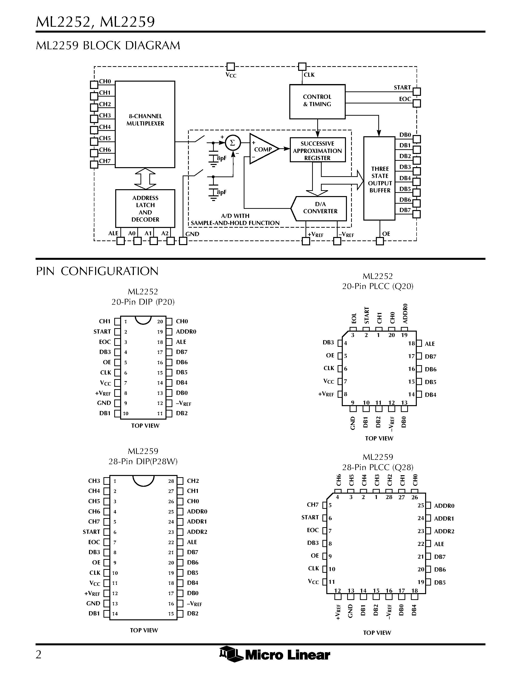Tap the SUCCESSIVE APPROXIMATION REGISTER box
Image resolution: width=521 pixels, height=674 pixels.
tap(317, 150)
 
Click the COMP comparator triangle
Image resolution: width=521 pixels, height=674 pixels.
tap(262, 149)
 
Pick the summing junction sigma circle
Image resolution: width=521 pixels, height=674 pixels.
tap(233, 143)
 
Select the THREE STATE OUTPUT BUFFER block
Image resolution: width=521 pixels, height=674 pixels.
tap(379, 179)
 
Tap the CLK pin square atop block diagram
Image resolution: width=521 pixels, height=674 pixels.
tap(302, 66)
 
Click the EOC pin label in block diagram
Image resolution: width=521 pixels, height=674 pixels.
tap(405, 99)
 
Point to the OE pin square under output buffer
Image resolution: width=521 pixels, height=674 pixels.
tap(380, 241)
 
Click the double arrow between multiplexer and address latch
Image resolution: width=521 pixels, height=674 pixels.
tap(145, 179)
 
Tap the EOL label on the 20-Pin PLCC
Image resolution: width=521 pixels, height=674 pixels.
tap(354, 318)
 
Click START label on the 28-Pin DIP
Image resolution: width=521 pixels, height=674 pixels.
tap(91, 532)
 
